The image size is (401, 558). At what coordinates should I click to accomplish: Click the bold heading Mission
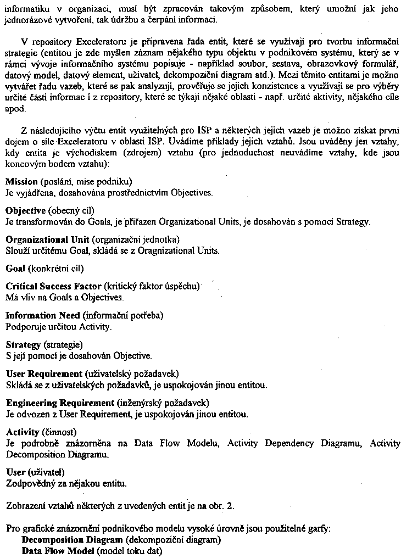tap(21, 181)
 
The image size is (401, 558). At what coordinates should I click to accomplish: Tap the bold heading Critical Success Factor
tap(53, 286)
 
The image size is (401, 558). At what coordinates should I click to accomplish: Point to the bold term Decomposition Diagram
tap(72, 540)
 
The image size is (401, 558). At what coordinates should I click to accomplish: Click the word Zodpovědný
tap(29, 483)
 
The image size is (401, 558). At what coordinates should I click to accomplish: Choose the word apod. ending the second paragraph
tap(15, 109)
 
